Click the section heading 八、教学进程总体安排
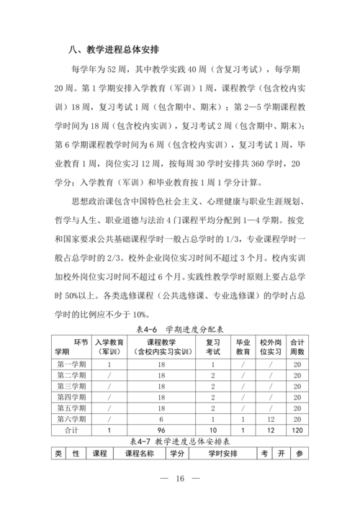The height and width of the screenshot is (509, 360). pyautogui.click(x=114, y=50)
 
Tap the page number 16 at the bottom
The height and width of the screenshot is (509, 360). pyautogui.click(x=179, y=479)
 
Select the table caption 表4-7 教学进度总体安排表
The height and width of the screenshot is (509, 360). pyautogui.click(x=179, y=440)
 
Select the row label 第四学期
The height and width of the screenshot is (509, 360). pyautogui.click(x=71, y=397)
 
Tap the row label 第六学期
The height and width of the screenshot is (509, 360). pyautogui.click(x=71, y=418)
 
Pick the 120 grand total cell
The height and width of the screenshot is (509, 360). pyautogui.click(x=297, y=430)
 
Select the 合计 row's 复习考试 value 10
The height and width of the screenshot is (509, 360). pyautogui.click(x=213, y=430)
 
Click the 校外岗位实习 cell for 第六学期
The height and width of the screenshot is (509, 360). pyautogui.click(x=270, y=418)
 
